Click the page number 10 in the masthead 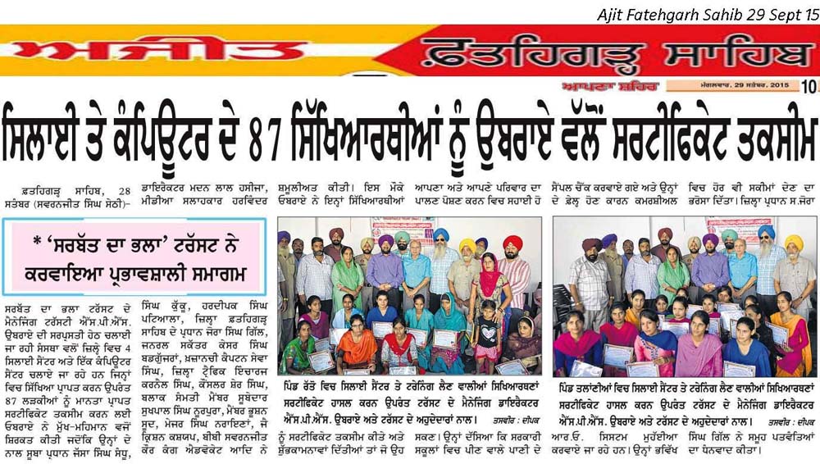[x=809, y=86]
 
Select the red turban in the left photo [x=512, y=243]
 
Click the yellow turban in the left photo [x=467, y=245]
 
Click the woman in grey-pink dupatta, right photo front [x=699, y=348]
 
